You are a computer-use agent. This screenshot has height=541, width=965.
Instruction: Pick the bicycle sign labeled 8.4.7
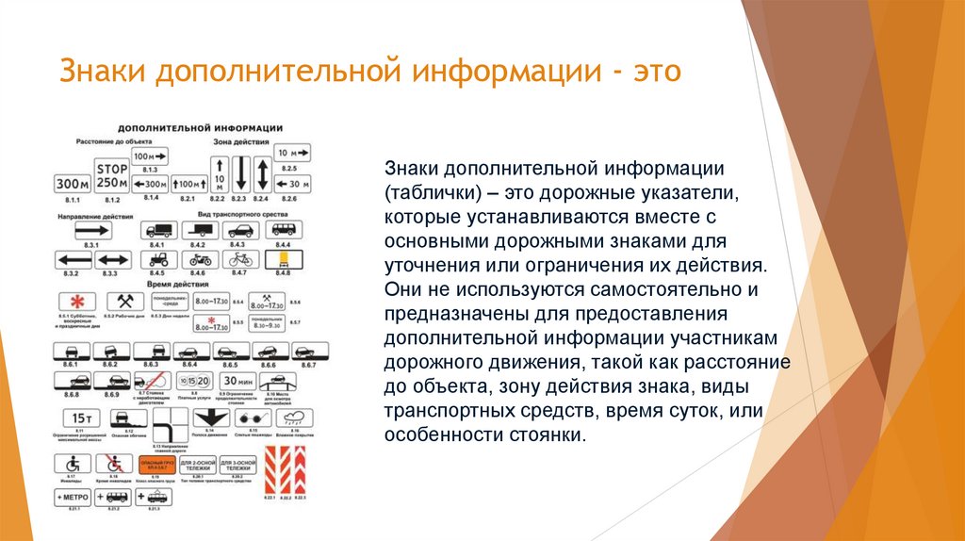239,257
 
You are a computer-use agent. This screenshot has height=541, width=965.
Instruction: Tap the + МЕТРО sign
72,496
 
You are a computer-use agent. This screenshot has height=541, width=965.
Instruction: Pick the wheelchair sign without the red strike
72,465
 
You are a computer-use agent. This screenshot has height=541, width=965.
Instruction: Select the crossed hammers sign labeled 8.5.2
123,300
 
